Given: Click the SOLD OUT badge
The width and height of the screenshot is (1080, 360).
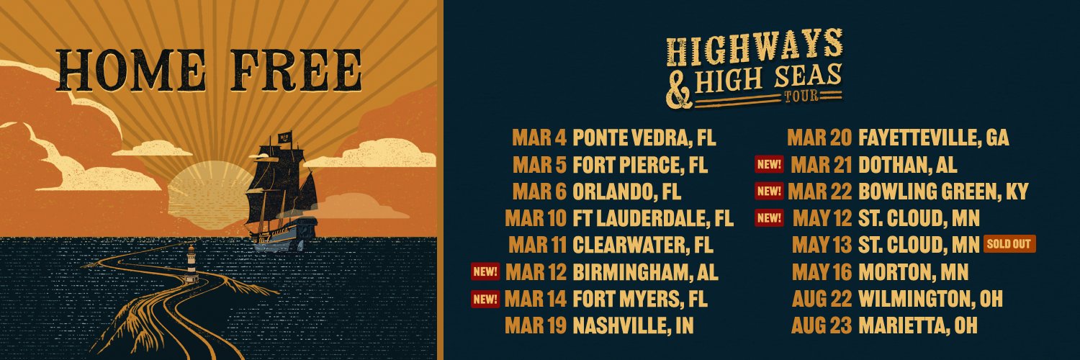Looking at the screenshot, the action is (1009, 243).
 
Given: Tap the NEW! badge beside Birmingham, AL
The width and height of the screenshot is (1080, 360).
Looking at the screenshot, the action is (485, 271).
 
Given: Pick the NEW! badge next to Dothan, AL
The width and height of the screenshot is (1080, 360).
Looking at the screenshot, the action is (769, 164).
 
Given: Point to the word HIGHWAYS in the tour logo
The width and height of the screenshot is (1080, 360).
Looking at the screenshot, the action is (754, 49).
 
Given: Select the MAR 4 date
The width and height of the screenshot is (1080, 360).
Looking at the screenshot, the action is (539, 138).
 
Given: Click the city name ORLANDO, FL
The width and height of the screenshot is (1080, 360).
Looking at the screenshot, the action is (626, 192).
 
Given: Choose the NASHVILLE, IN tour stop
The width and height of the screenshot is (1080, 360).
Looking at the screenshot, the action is (633, 325).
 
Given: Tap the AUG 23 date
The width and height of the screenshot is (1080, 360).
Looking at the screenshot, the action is (822, 325).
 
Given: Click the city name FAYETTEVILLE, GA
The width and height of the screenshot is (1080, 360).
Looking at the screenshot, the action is (933, 138).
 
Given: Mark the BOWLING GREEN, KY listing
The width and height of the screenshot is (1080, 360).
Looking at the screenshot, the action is (942, 192).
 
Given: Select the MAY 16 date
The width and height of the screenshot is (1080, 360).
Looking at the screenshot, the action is (822, 272).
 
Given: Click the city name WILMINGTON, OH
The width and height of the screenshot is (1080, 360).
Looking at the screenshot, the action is (930, 298).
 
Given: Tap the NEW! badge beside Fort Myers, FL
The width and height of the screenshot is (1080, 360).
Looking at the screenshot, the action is (485, 298).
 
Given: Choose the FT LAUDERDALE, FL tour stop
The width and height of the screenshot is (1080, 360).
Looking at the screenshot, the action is (652, 218).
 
